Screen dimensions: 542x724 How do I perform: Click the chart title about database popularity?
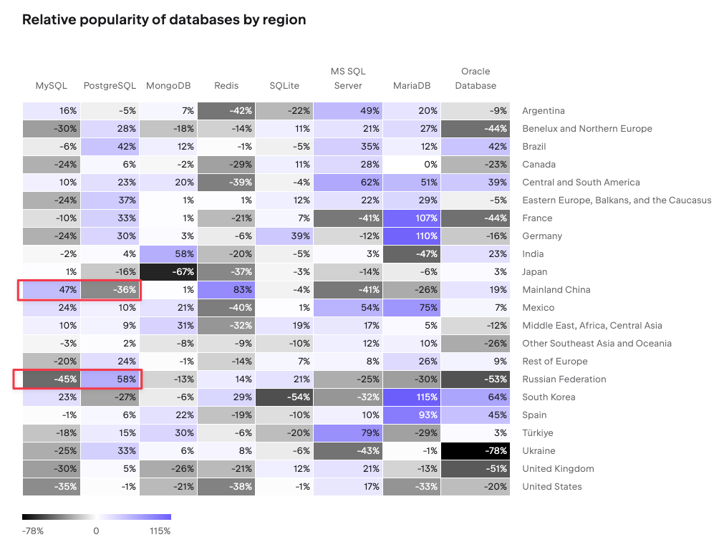coord(164,20)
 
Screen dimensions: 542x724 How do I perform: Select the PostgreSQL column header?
coord(110,86)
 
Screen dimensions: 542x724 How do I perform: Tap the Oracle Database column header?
coord(476,79)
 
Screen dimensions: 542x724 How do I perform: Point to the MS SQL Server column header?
coord(347,79)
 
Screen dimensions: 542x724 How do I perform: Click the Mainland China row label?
coord(556,290)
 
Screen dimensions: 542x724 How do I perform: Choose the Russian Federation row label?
coord(564,379)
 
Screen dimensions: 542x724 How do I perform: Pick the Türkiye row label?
coord(538,433)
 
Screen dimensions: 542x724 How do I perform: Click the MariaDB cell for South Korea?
coord(411,397)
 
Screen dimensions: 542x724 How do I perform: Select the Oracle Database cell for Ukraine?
coord(475,451)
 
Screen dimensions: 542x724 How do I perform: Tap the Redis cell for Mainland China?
coord(226,290)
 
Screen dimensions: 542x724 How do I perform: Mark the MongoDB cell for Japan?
coord(168,272)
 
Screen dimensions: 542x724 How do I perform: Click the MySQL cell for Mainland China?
coord(51,290)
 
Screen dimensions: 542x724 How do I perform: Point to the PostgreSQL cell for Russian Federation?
coord(110,379)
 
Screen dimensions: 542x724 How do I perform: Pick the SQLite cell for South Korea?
coord(284,397)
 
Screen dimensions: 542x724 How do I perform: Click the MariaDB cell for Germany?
coord(411,236)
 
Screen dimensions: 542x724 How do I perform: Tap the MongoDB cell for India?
coord(168,254)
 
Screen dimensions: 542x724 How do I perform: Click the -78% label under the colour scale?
coord(32,531)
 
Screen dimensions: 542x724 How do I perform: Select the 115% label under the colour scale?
coord(160,531)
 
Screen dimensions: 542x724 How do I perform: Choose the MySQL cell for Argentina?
coord(51,111)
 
